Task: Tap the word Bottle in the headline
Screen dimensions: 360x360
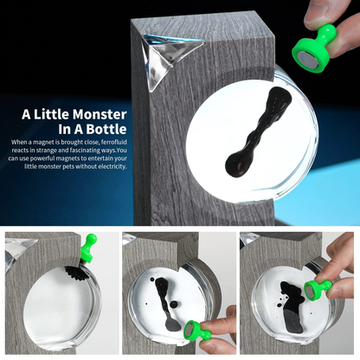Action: [106, 129]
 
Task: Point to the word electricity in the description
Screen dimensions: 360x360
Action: [112, 166]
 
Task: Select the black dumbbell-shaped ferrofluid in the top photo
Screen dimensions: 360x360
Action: [257, 132]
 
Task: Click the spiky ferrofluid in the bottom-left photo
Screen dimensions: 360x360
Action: [77, 273]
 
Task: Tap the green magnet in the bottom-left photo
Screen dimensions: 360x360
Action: [87, 248]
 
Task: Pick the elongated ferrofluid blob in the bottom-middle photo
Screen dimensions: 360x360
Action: [166, 304]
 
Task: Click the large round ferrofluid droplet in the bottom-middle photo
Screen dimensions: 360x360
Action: [174, 305]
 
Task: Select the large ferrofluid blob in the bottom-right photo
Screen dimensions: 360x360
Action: [292, 306]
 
